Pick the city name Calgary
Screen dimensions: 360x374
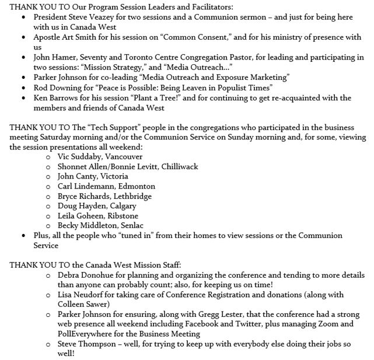(122, 206)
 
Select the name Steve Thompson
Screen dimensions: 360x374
(86, 344)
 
